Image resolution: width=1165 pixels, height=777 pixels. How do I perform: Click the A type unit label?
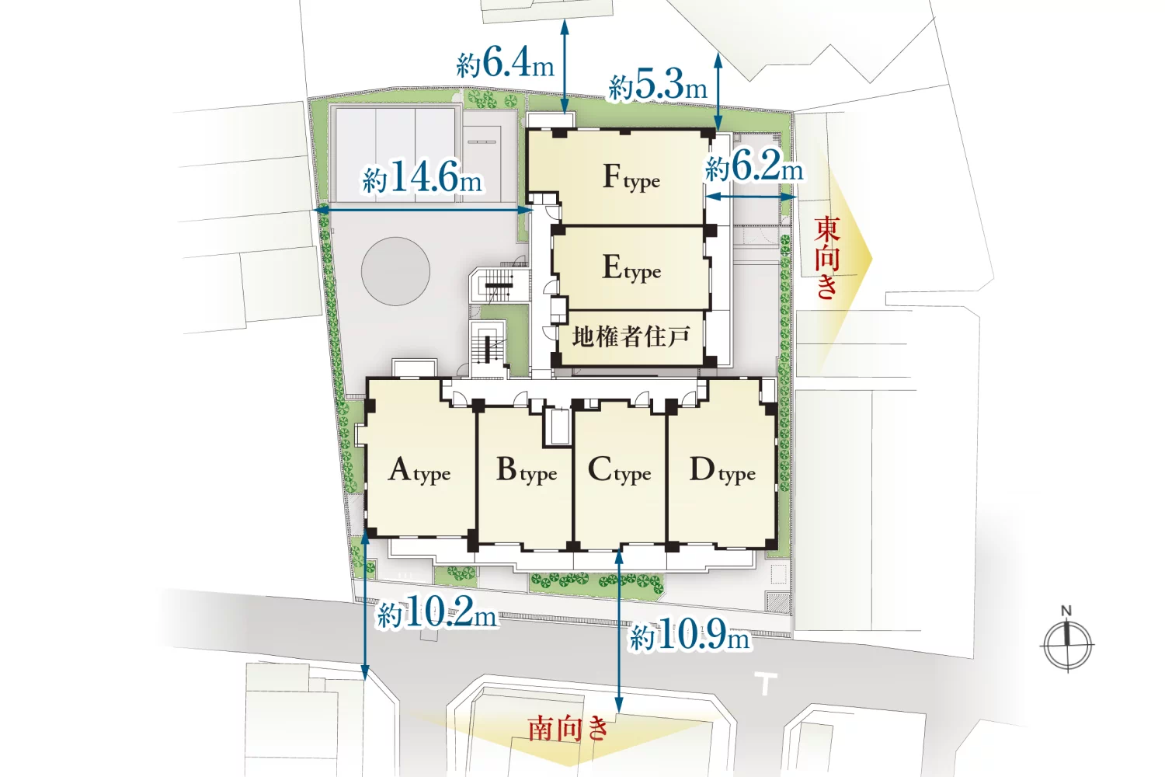pos(419,470)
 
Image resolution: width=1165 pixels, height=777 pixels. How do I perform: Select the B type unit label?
pos(527,470)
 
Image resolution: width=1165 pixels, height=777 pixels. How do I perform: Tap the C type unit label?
pos(620,470)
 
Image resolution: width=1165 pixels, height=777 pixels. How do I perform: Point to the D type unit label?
pos(722,470)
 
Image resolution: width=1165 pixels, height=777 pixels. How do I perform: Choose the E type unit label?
pos(631,269)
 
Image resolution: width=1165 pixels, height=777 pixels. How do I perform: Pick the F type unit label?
pos(631,177)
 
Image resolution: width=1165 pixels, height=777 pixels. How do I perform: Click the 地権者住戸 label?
pos(631,336)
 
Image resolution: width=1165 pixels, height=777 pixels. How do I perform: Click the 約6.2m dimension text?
pos(754,166)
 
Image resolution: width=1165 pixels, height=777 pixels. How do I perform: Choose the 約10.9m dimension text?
pos(690,633)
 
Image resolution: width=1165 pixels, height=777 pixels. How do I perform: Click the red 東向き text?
pos(827,258)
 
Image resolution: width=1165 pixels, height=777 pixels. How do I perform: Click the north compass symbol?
pos(1067,646)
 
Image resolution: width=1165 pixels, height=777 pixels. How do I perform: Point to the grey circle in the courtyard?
pos(396,271)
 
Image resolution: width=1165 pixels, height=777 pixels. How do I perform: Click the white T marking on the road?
pos(766,683)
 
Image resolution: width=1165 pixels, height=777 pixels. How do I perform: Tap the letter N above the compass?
pos(1066,611)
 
